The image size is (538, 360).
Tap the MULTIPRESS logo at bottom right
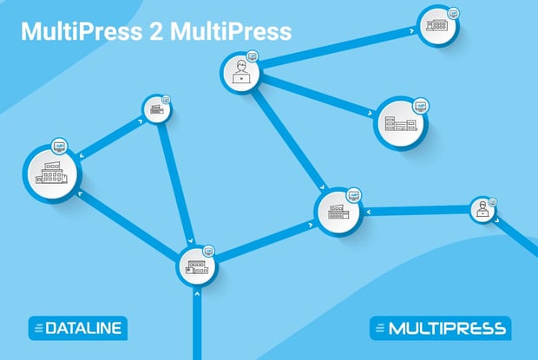[x=440, y=328]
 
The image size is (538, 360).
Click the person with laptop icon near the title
[x=240, y=73]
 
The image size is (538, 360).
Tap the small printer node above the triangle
[x=156, y=109]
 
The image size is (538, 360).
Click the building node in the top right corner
[x=436, y=26]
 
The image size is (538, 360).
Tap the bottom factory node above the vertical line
[x=197, y=267]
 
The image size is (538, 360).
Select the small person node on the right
[x=482, y=208]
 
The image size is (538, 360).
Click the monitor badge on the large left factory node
[x=59, y=144]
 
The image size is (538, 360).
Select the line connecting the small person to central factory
[x=417, y=209]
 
